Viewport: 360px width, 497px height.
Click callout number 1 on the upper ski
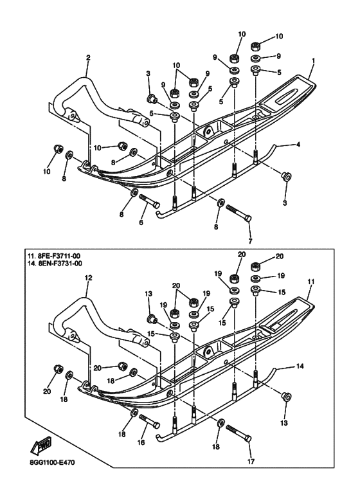[313, 60]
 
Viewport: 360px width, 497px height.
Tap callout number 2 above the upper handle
[88, 58]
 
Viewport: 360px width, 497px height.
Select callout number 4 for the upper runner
[298, 145]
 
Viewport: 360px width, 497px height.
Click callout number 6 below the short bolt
[141, 222]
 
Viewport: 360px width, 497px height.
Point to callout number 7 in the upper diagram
[250, 241]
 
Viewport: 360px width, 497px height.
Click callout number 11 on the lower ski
[310, 281]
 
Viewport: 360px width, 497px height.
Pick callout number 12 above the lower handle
[89, 278]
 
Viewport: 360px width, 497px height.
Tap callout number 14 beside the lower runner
[300, 366]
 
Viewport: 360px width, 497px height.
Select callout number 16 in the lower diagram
[141, 442]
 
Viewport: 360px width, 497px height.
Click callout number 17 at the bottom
[250, 462]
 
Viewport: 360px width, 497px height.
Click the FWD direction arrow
[40, 446]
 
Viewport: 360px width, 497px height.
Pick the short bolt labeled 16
[149, 420]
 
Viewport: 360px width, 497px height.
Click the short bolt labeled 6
[149, 201]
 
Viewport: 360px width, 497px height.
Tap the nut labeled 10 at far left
[57, 149]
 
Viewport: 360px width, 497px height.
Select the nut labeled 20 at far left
[57, 368]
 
